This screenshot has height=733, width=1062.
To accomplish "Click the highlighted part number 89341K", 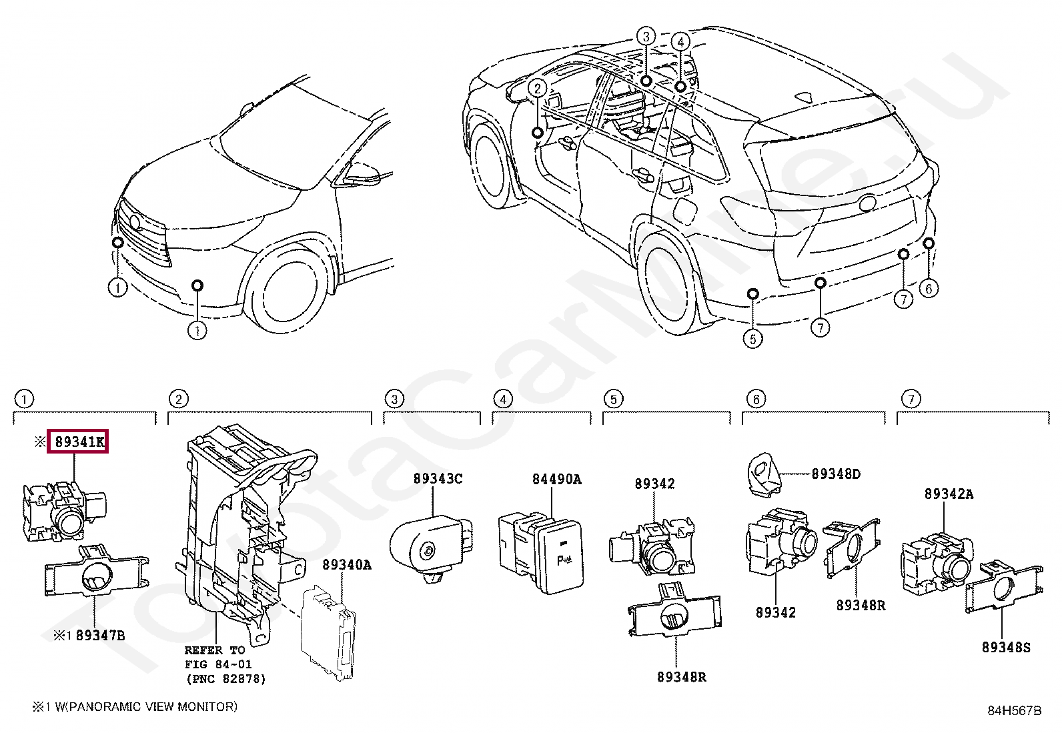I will pyautogui.click(x=78, y=442).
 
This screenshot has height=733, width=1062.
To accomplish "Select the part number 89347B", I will pyautogui.click(x=99, y=636).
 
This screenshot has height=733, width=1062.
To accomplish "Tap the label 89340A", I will pyautogui.click(x=346, y=565).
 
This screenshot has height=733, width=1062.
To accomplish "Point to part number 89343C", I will pyautogui.click(x=438, y=479).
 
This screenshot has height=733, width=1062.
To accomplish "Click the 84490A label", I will pyautogui.click(x=556, y=479).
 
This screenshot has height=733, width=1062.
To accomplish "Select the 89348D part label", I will pyautogui.click(x=835, y=474).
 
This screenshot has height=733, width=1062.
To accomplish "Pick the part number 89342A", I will pyautogui.click(x=948, y=494).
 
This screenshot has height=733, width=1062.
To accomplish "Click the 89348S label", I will pyautogui.click(x=1005, y=647).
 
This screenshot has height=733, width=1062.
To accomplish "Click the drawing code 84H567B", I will pyautogui.click(x=1014, y=711).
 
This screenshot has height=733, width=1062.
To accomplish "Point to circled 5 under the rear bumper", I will pyautogui.click(x=752, y=339).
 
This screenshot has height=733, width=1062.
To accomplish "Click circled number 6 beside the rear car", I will pyautogui.click(x=928, y=288).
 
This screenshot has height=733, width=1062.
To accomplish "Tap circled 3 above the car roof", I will pyautogui.click(x=645, y=36).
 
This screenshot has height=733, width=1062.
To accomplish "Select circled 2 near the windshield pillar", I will pyautogui.click(x=538, y=87).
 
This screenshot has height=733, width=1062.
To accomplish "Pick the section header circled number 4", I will pyautogui.click(x=502, y=400).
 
